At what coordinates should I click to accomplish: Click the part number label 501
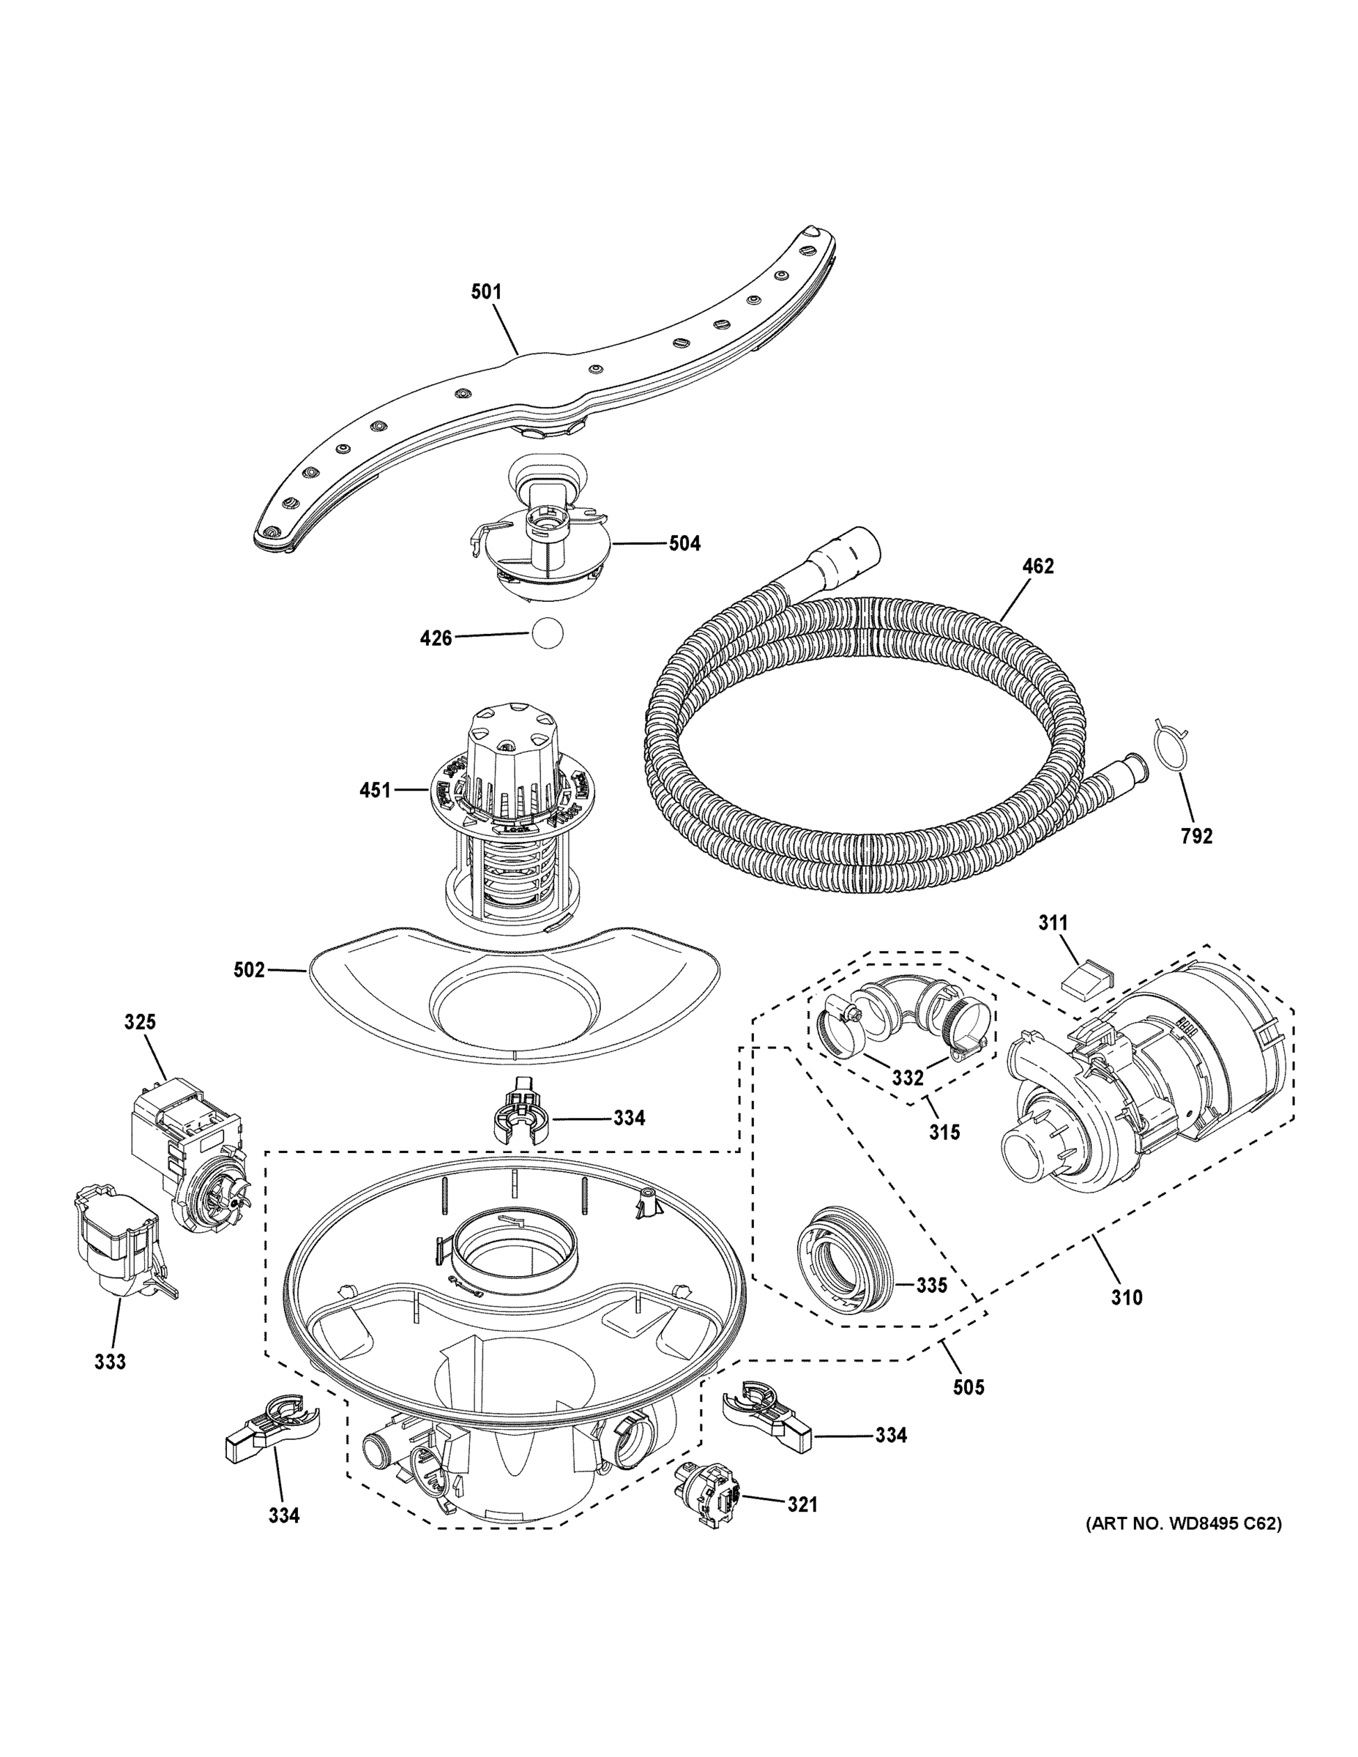coord(486,291)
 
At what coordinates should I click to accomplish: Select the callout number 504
coord(684,544)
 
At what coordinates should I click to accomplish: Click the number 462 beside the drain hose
coord(1038,567)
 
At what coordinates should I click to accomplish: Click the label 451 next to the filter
coord(375,791)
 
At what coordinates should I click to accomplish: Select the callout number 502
coord(249,970)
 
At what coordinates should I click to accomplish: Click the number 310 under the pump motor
coord(1127,1297)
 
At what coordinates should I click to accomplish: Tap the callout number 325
coord(140,1023)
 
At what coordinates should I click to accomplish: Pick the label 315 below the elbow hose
coord(944,1132)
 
